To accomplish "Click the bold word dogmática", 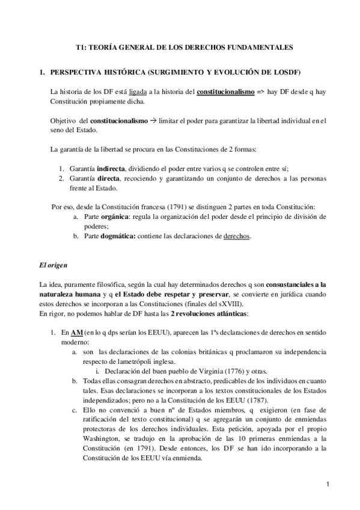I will tap(117, 236).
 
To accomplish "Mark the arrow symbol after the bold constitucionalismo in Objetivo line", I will tap(153, 121).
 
